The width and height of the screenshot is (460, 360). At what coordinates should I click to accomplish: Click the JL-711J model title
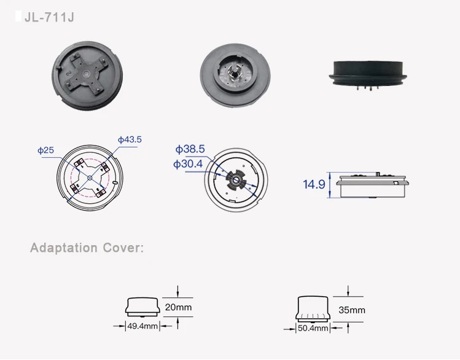tap(49, 17)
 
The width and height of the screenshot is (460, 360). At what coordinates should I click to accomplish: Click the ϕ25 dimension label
tap(45, 150)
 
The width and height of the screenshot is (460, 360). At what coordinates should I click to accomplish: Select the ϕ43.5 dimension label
tap(130, 139)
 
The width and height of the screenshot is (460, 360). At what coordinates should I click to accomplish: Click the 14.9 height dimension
tap(313, 184)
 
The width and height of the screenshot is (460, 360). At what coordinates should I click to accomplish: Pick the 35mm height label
tap(352, 310)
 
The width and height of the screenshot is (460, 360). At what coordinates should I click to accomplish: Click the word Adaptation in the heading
tap(64, 248)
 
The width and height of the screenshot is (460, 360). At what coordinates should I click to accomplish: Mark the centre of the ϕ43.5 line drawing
tap(90, 178)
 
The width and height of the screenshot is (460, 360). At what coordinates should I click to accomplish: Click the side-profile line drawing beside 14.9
tap(371, 185)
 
